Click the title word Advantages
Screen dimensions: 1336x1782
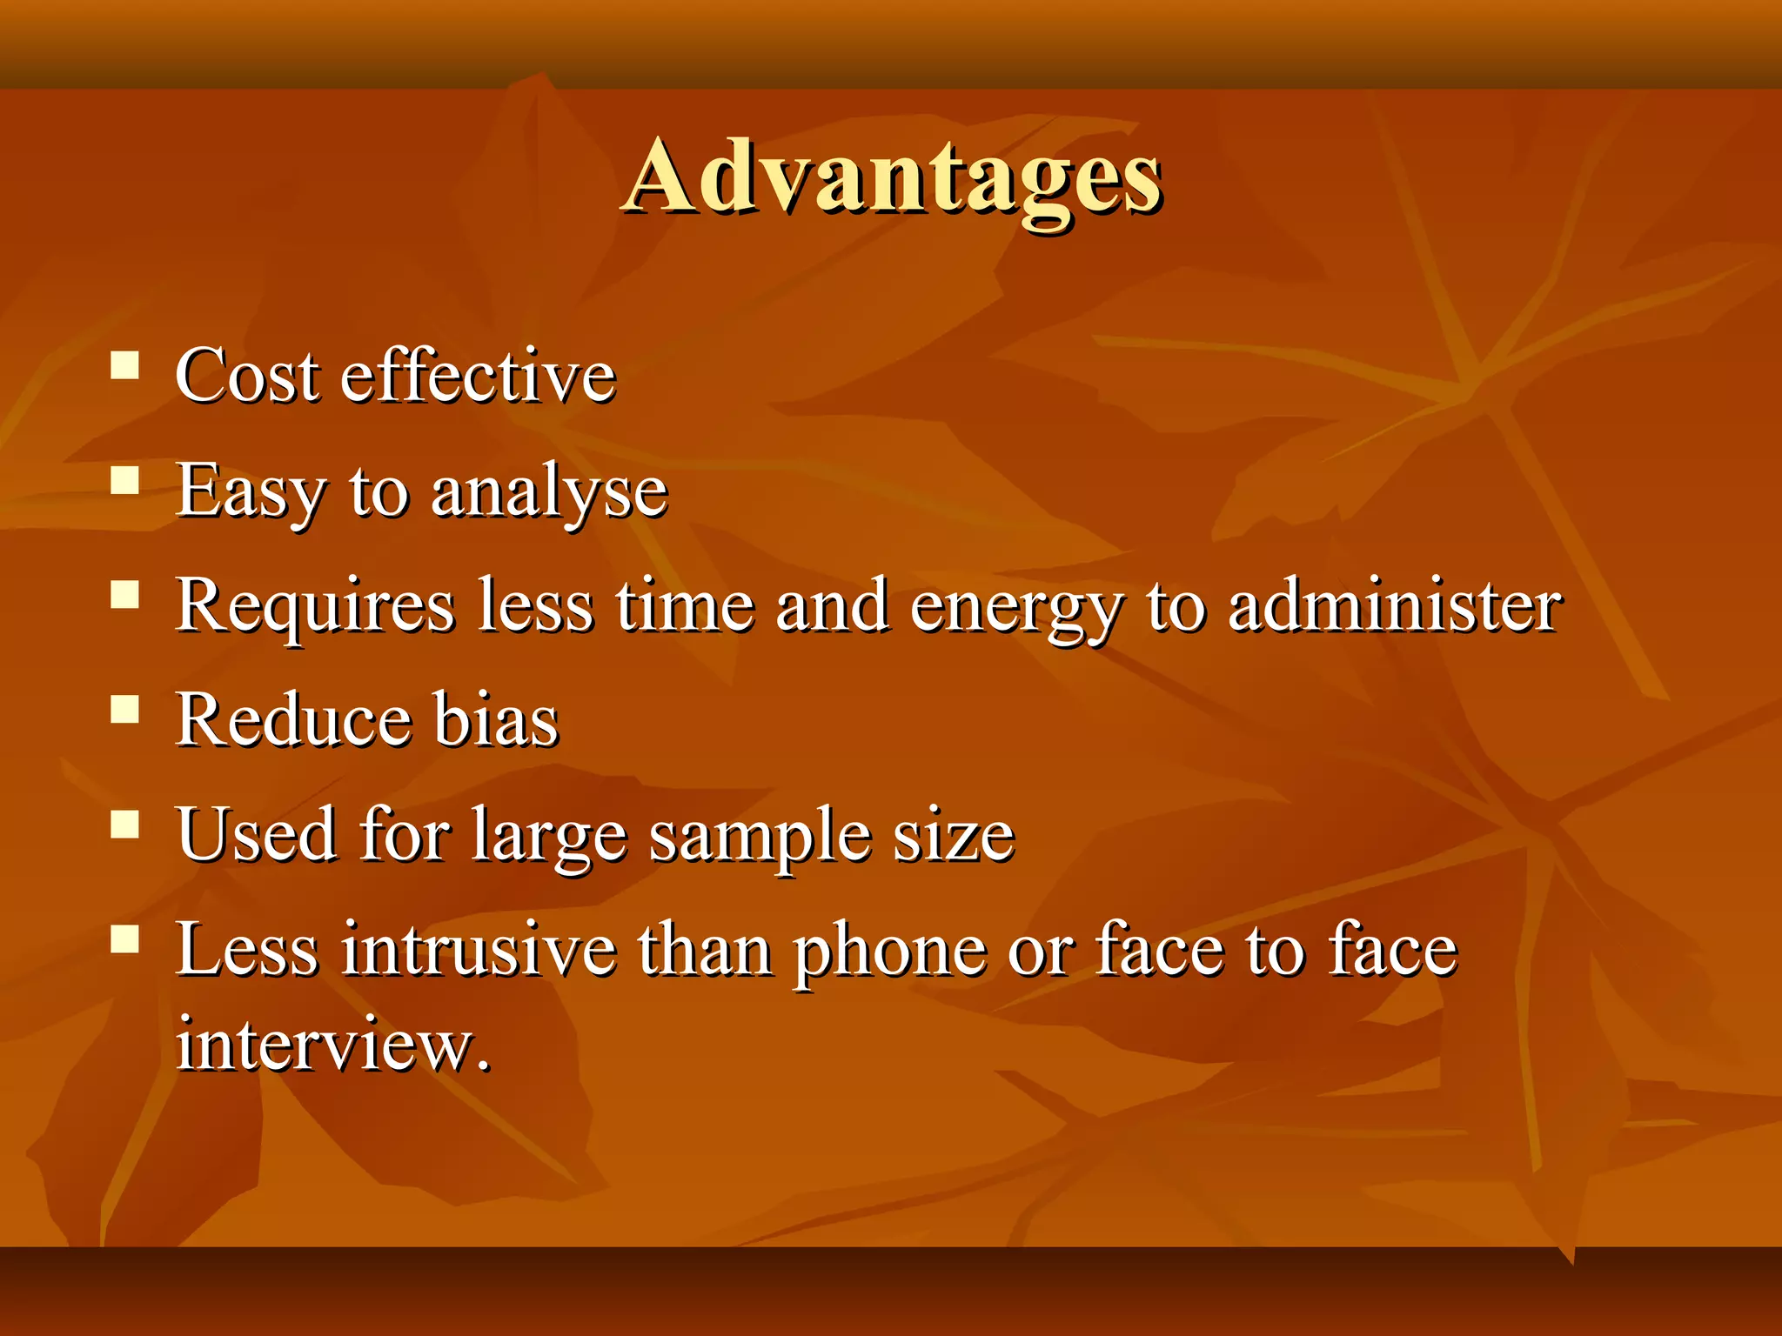pos(893,176)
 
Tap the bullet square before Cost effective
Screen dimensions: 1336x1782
pos(125,365)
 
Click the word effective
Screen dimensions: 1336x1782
pos(478,376)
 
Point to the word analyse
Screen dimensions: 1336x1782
pos(549,491)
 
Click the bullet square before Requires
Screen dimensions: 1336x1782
pos(125,595)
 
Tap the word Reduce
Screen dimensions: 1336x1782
pos(293,720)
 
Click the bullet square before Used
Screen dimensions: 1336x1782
pos(125,824)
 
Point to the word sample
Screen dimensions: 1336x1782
pos(760,837)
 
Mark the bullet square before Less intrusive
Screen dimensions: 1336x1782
pos(125,939)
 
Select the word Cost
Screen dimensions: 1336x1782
pos(247,376)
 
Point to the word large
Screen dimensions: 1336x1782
pos(549,837)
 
